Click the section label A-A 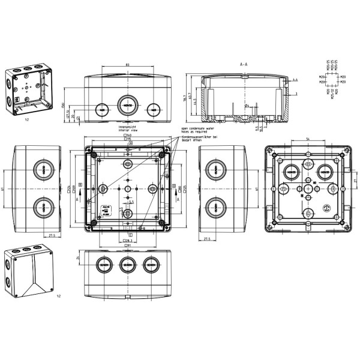tap(244, 64)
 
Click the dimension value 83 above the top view tap(128, 64)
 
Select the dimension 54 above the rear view tap(308, 139)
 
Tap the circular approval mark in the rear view tap(328, 209)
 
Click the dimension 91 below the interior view tap(128, 245)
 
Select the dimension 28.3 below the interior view tap(127, 240)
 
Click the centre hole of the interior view tap(127, 188)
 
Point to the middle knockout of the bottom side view tap(128, 263)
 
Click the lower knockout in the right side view tap(214, 208)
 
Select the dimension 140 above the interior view tap(128, 136)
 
